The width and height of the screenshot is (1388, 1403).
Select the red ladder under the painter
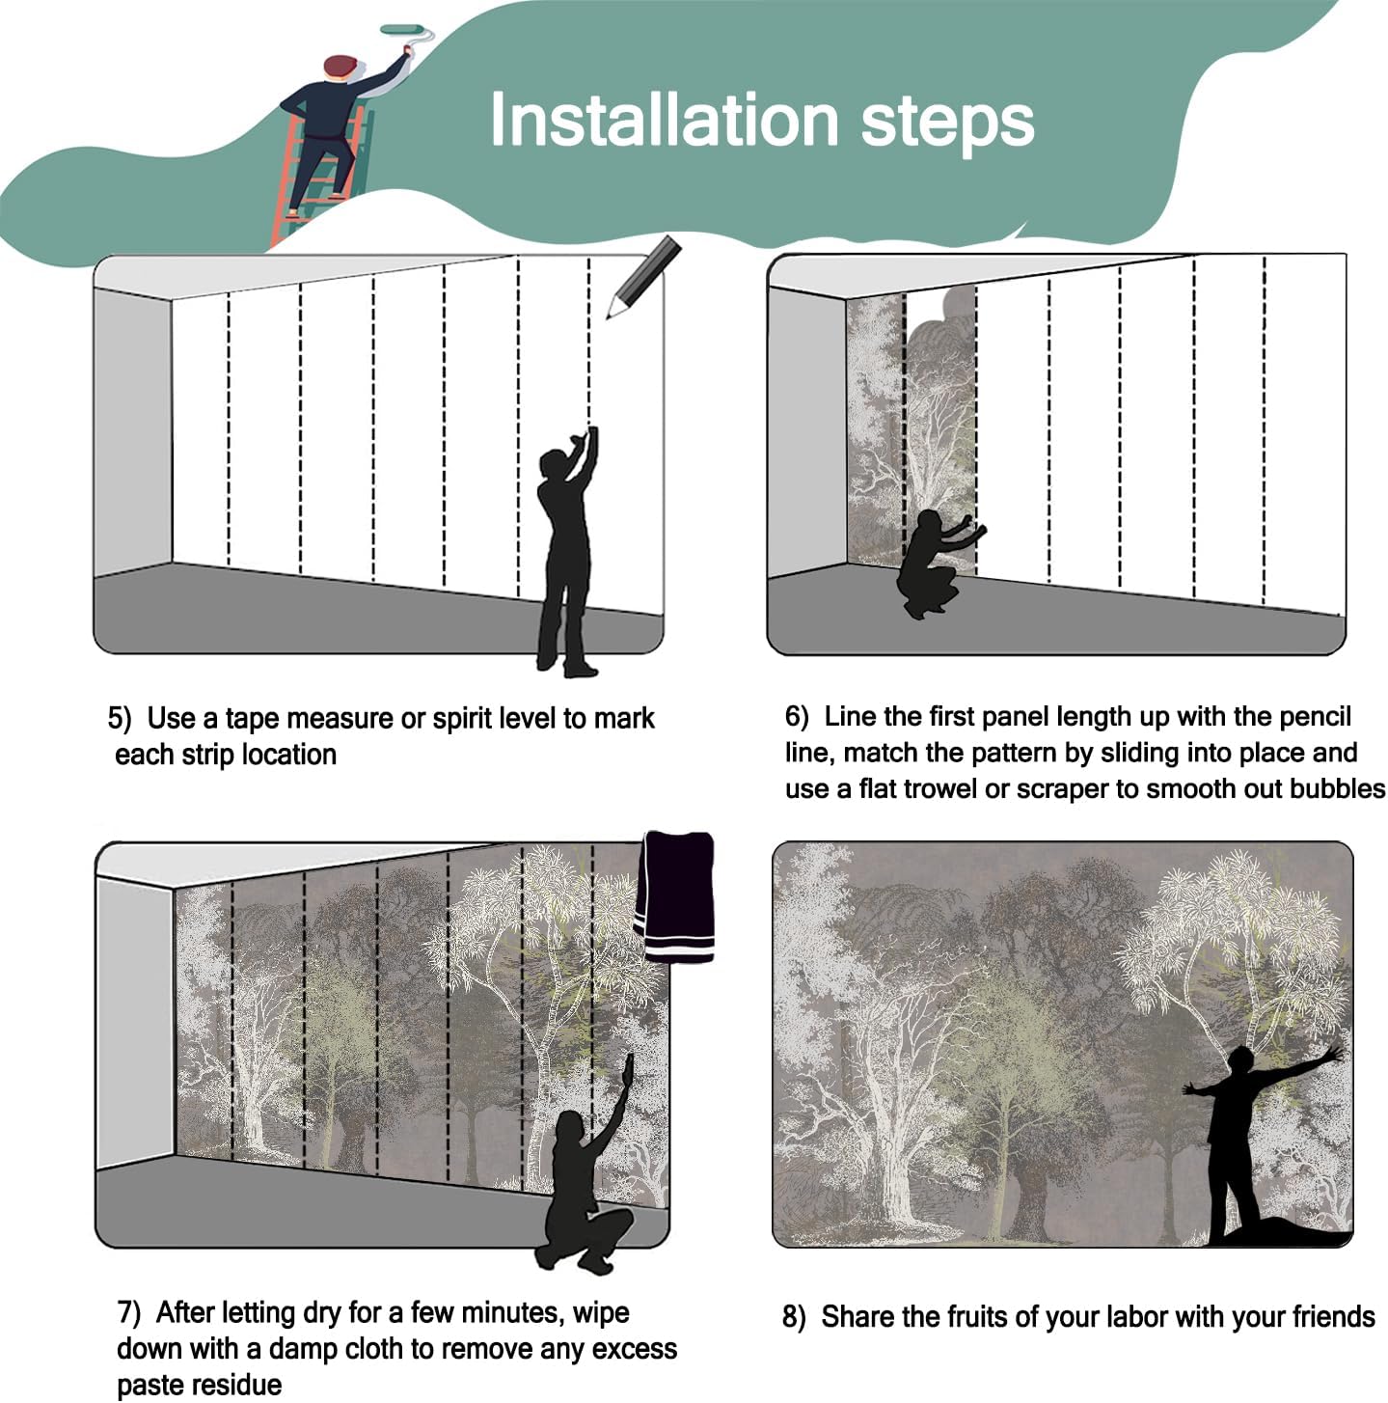pyautogui.click(x=320, y=175)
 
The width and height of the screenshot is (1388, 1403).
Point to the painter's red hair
pyautogui.click(x=340, y=66)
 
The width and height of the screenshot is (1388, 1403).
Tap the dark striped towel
pyautogui.click(x=674, y=897)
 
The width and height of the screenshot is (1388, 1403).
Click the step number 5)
pyautogui.click(x=121, y=719)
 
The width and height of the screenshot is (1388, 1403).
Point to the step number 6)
pyautogui.click(x=797, y=716)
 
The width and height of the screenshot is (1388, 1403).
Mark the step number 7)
pyautogui.click(x=129, y=1312)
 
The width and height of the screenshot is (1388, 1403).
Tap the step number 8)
pyautogui.click(x=794, y=1316)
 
